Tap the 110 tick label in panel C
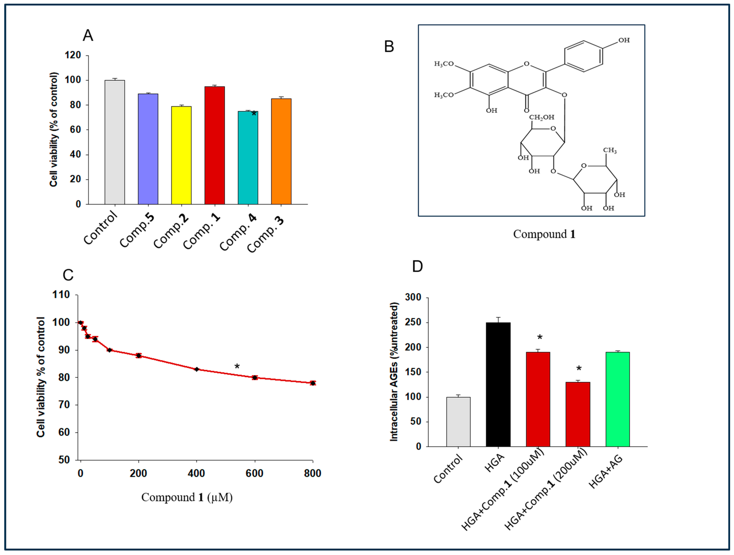coord(61,295)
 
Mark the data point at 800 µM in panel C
coord(313,383)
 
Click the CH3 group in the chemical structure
coord(610,150)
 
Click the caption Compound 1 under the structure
coord(544,234)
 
